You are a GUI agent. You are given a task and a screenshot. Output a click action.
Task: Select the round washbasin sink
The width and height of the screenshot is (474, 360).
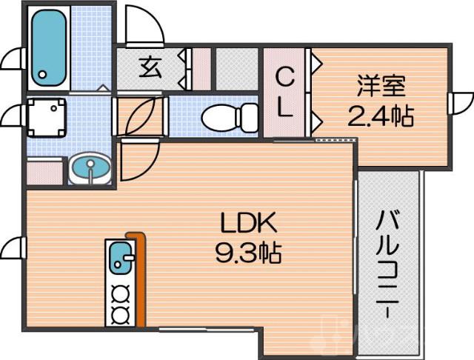(91, 169)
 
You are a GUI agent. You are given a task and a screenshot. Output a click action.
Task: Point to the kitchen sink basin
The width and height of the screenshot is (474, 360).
(119, 259)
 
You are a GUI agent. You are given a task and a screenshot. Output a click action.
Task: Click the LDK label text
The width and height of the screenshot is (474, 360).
(247, 223)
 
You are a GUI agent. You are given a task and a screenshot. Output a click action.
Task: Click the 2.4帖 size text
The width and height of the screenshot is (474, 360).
(381, 116)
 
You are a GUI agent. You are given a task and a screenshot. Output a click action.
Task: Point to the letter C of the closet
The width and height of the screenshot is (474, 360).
(284, 76)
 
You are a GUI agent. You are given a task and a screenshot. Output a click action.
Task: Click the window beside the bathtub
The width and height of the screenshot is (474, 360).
(13, 59)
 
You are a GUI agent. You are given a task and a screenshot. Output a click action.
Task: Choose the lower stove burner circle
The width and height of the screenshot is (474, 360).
(118, 315)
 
